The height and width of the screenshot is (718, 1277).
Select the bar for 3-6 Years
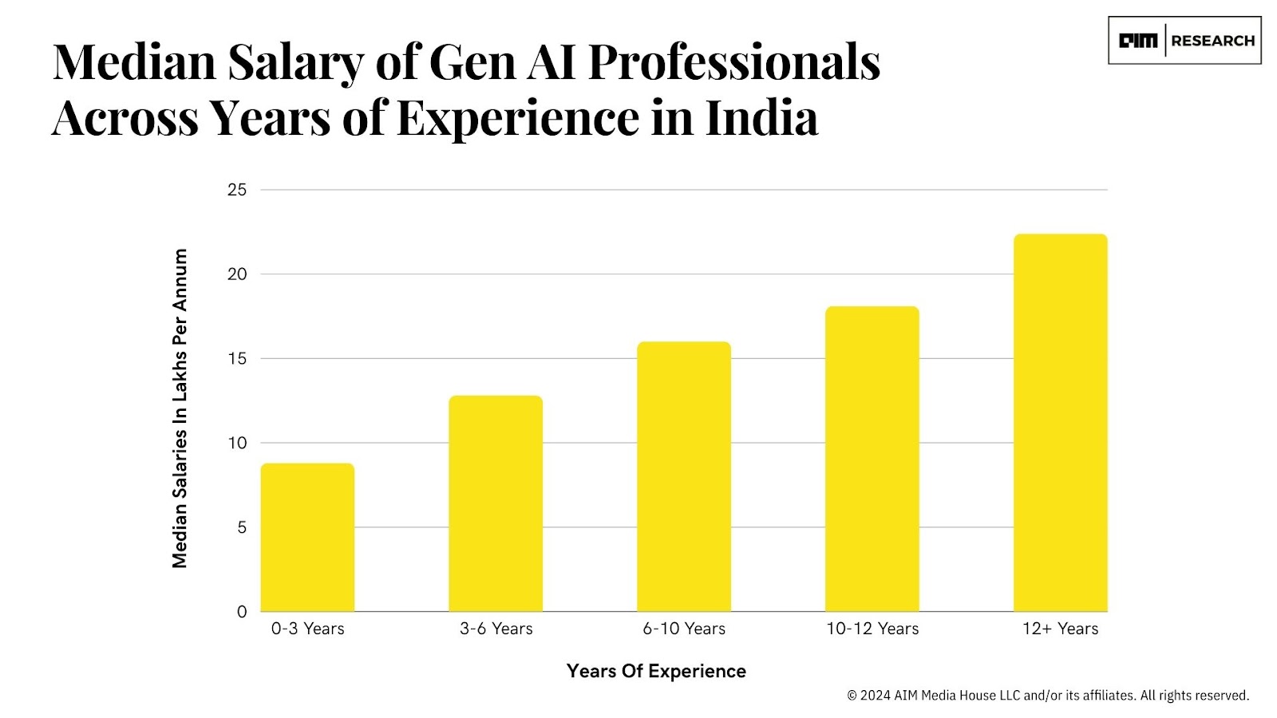pos(496,503)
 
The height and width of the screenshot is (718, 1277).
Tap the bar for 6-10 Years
pos(684,476)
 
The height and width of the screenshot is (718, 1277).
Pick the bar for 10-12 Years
pos(872,459)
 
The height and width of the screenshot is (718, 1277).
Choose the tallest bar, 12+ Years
pos(1060,423)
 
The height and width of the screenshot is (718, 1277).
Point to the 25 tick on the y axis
pos(237,190)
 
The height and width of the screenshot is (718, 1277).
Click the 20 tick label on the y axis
pos(237,274)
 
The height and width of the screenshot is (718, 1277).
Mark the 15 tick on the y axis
pos(237,359)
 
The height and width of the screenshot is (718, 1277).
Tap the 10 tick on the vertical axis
pos(237,443)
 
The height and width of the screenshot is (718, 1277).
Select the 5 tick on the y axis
pos(242,527)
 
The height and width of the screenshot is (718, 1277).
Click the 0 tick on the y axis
pos(242,612)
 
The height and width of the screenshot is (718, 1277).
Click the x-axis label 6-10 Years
pos(684,629)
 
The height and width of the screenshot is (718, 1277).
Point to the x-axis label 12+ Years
pos(1060,629)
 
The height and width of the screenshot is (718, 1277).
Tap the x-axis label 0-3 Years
pos(307,629)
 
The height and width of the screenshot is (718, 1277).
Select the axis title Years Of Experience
pos(656,671)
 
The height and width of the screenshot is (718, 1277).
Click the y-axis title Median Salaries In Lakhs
pos(180,408)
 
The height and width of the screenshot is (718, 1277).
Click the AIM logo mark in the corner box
pos(1137,41)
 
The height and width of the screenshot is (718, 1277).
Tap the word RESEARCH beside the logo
pos(1212,41)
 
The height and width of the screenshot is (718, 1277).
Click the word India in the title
pos(761,118)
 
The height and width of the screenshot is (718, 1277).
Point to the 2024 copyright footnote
pos(1047,696)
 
